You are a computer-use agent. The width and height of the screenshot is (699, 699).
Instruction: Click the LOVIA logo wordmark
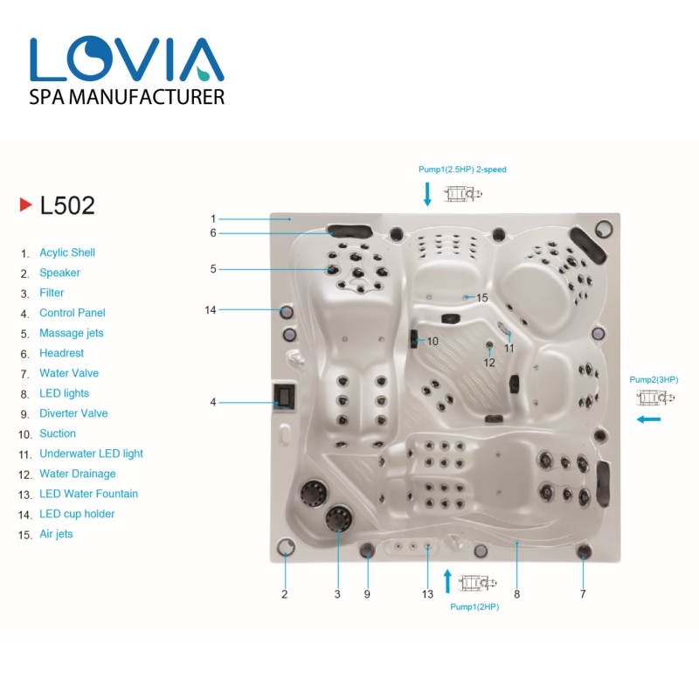pyautogui.click(x=127, y=59)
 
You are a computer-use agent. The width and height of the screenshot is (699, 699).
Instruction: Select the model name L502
pyautogui.click(x=67, y=205)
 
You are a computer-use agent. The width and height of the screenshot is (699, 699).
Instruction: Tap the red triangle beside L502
pyautogui.click(x=26, y=204)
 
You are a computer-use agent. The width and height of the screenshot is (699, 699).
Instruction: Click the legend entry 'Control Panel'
pyautogui.click(x=73, y=313)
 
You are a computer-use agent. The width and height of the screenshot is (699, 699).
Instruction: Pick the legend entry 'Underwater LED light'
pyautogui.click(x=91, y=453)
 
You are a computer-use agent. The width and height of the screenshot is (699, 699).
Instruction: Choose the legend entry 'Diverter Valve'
pyautogui.click(x=73, y=413)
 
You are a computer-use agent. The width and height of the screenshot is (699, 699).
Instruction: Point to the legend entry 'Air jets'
pyautogui.click(x=56, y=534)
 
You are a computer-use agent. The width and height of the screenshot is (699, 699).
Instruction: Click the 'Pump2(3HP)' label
pyautogui.click(x=654, y=380)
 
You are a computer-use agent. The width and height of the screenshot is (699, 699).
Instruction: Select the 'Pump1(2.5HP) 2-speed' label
pyautogui.click(x=462, y=170)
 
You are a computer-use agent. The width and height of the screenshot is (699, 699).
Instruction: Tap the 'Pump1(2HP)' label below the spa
pyautogui.click(x=474, y=606)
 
